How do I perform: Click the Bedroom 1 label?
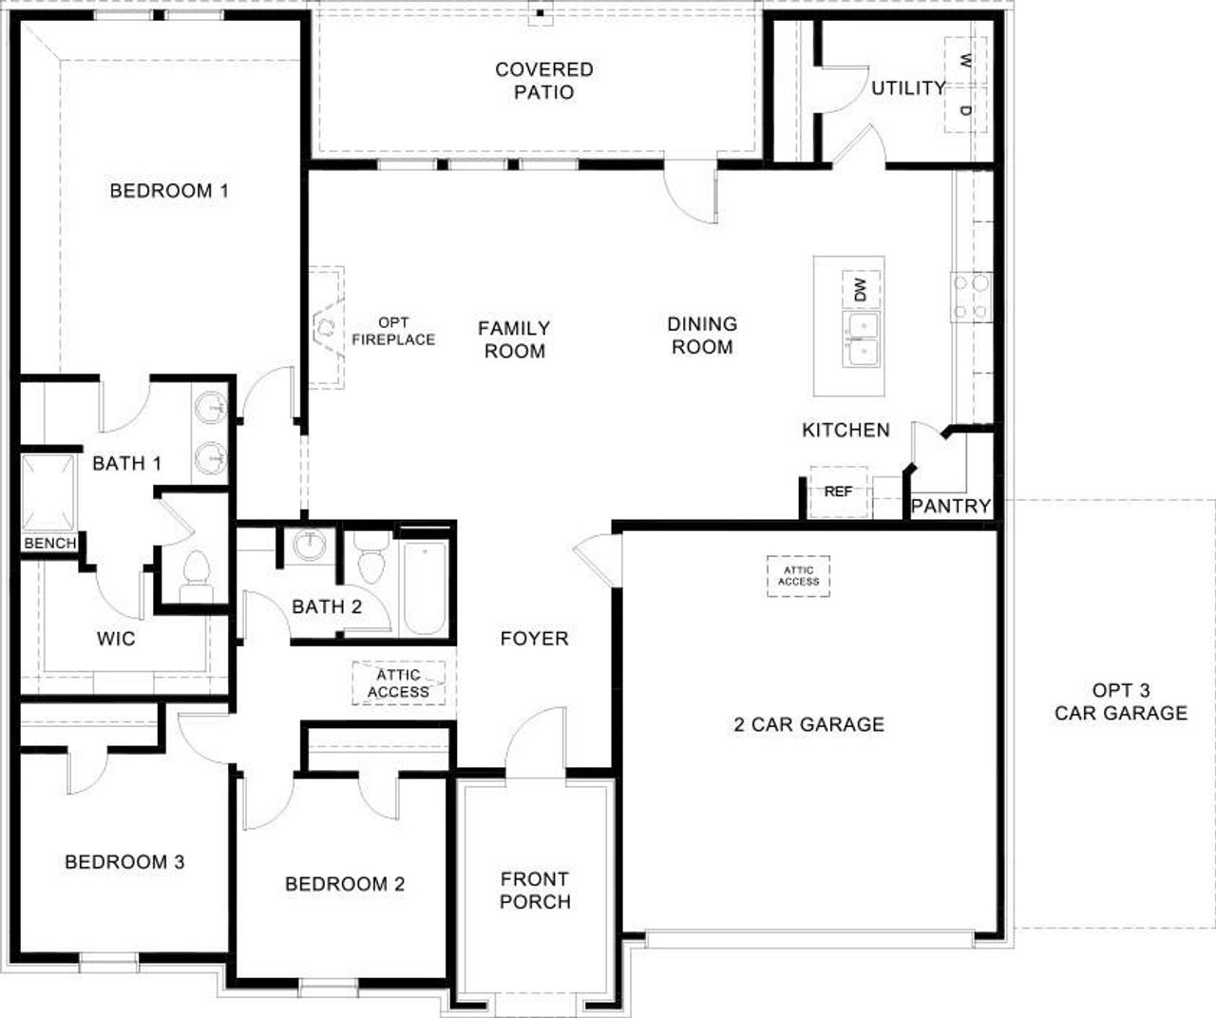point(169,191)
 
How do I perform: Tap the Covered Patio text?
point(544,81)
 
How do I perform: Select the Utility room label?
point(908,88)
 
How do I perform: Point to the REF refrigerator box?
point(838,492)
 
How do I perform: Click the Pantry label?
point(951,507)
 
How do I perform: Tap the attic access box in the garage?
point(798,576)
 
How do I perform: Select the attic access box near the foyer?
point(399,683)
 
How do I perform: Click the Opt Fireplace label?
point(393,331)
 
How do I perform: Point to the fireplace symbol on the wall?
point(326,328)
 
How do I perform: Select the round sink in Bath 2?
point(309,546)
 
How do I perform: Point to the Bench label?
point(50,544)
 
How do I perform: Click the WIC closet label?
point(116,639)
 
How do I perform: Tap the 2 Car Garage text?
point(809,724)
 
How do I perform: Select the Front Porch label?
point(535,891)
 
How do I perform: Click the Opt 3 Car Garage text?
point(1121,701)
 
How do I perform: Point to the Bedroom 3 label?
point(124,862)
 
